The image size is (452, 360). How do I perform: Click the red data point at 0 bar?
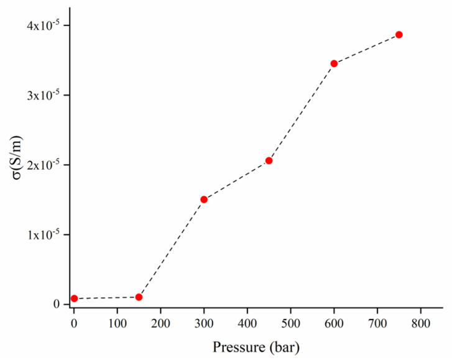coord(74,298)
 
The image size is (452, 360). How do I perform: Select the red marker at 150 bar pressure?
coord(139,297)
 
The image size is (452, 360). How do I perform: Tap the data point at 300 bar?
coord(204,200)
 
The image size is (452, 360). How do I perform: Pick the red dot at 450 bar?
coord(269,160)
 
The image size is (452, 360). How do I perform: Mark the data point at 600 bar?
coord(334,63)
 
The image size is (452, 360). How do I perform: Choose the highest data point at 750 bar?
coord(399,35)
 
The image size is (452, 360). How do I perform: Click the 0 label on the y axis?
coord(57,305)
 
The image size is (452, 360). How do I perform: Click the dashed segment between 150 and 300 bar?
coord(172,248)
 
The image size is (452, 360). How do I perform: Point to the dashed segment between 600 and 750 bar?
coord(367,49)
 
